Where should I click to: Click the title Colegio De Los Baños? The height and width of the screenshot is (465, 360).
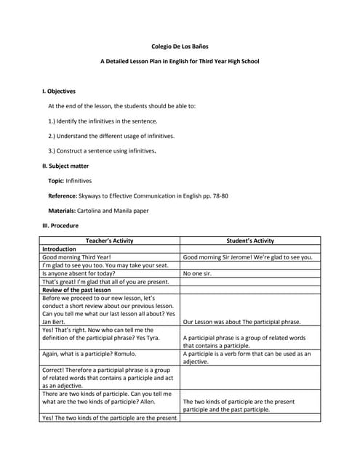180,46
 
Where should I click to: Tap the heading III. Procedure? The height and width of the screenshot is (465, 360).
60,225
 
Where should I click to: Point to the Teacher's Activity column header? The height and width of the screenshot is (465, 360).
109,240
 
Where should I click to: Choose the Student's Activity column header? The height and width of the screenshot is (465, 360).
250,240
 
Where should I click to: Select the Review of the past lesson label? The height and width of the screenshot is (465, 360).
76,289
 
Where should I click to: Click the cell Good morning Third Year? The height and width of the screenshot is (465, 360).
76,257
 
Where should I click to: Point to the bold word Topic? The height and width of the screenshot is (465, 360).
55,180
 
